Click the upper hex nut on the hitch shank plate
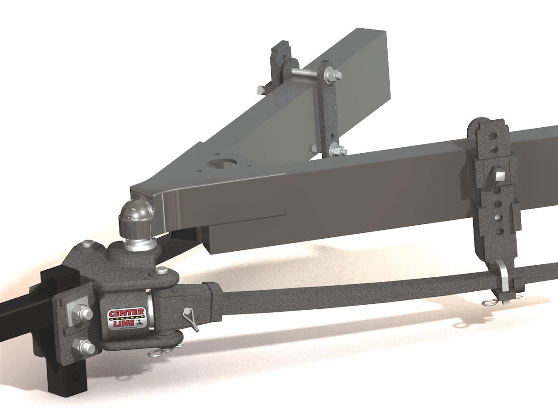85,313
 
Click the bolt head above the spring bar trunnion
161,270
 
